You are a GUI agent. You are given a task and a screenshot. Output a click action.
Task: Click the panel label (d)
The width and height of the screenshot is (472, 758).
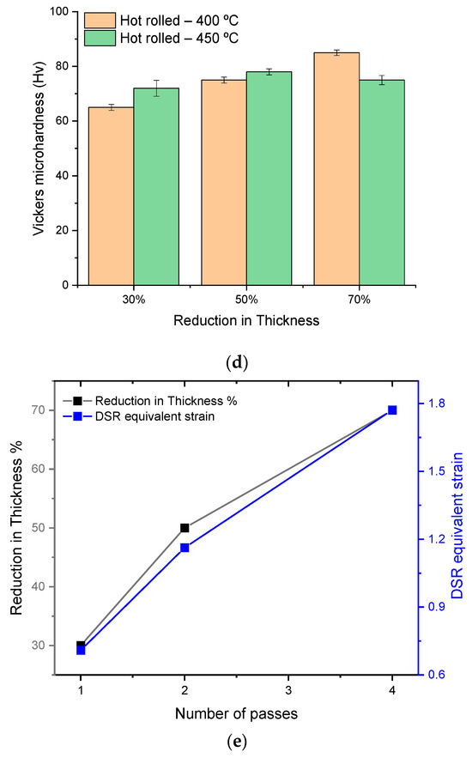tap(234, 361)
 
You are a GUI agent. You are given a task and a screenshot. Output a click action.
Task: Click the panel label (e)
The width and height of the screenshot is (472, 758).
tap(234, 745)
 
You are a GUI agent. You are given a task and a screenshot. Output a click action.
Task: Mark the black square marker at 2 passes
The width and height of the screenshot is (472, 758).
tap(185, 528)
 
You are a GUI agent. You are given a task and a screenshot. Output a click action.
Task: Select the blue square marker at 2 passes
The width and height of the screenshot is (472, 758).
tap(185, 548)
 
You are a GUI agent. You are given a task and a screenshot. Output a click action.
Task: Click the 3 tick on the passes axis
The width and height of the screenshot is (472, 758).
tap(288, 690)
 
